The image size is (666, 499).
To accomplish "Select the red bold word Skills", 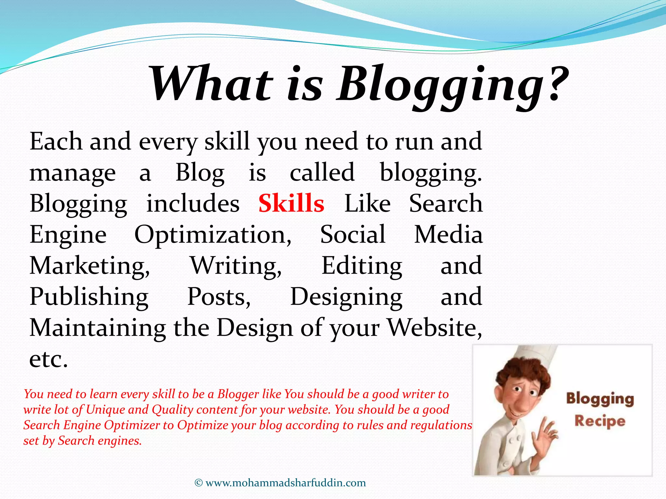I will click(291, 203).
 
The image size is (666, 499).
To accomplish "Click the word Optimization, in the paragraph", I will click(213, 235).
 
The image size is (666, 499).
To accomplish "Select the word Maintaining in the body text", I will click(98, 327).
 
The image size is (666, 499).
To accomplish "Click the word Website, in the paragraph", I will click(435, 327).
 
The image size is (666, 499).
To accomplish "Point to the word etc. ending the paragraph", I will click(49, 359).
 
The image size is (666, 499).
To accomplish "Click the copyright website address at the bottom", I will click(286, 483).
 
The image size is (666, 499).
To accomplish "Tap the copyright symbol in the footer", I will click(198, 483).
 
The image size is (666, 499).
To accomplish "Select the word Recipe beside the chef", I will click(600, 421).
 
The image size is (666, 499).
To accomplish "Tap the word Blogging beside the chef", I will click(600, 399).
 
